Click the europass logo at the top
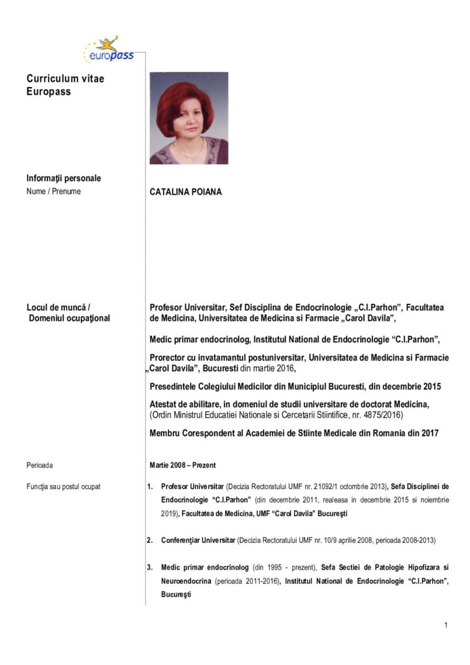pyautogui.click(x=108, y=50)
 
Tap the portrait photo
pyautogui.click(x=189, y=118)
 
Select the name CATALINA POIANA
pyautogui.click(x=185, y=192)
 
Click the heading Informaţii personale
pyautogui.click(x=64, y=178)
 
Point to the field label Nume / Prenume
pyautogui.click(x=54, y=192)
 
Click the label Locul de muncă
pyautogui.click(x=58, y=307)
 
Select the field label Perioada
pyautogui.click(x=40, y=466)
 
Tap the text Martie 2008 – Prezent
pyautogui.click(x=182, y=466)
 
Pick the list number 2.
pyautogui.click(x=149, y=540)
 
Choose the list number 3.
pyautogui.click(x=149, y=568)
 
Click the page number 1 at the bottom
pyautogui.click(x=446, y=625)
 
